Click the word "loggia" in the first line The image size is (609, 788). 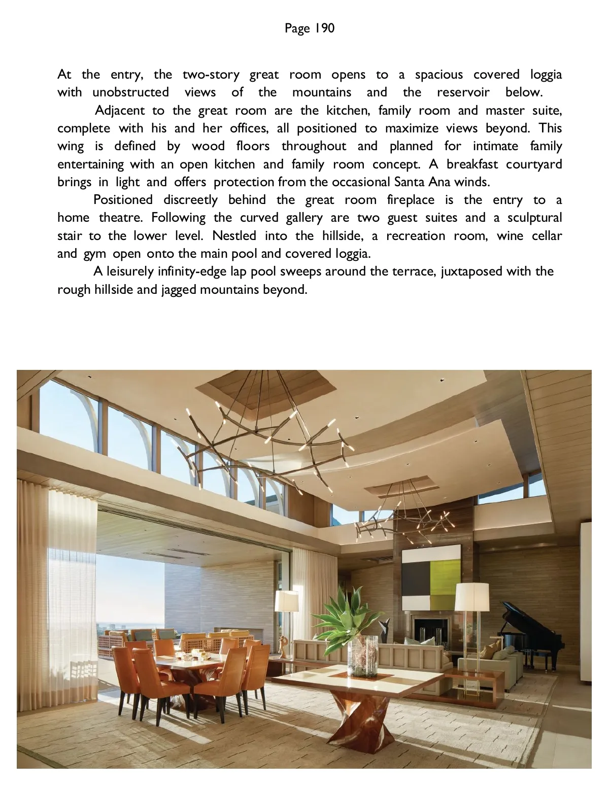546,75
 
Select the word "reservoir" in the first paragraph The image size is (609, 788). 463,92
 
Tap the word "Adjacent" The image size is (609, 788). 120,110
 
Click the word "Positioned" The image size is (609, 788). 123,200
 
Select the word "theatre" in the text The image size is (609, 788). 119,218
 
